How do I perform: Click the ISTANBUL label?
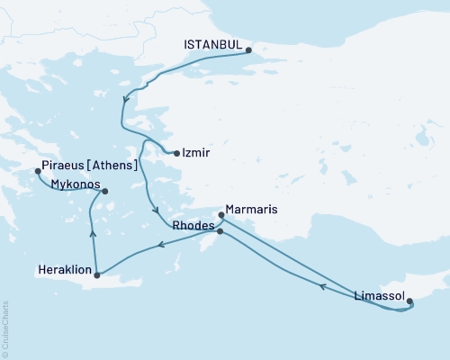(212, 42)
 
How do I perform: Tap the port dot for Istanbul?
(249, 50)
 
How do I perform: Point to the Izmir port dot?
(176, 153)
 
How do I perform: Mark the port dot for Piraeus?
(37, 170)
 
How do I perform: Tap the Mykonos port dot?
(105, 191)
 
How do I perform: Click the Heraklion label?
(64, 268)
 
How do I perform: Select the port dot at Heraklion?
(96, 274)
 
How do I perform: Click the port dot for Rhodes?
(220, 231)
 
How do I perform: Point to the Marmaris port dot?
(221, 215)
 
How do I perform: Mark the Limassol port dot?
(410, 302)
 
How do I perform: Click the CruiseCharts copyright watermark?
(6, 325)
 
